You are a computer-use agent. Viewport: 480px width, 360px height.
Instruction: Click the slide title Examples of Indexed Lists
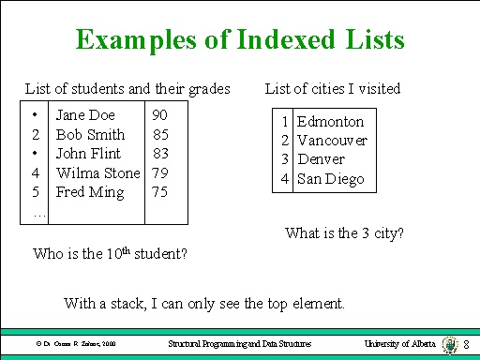click(240, 40)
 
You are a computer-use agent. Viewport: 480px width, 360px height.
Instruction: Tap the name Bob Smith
click(90, 135)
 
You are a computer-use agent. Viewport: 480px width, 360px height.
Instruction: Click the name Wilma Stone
click(97, 172)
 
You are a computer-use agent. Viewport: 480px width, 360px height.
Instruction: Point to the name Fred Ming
click(91, 192)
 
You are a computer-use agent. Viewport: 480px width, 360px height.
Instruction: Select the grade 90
click(160, 115)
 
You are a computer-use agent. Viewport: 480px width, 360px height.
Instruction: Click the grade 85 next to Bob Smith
click(160, 135)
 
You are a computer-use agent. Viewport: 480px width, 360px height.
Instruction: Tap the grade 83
click(160, 154)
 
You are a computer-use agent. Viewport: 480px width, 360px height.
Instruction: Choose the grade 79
click(160, 172)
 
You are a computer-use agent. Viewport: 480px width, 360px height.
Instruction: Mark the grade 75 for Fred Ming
click(160, 192)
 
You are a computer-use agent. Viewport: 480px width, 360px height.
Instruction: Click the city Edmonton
click(330, 122)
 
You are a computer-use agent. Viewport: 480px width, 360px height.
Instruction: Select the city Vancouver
click(332, 141)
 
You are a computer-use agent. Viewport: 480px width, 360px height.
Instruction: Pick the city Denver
click(322, 159)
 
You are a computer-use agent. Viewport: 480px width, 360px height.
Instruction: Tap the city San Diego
click(330, 179)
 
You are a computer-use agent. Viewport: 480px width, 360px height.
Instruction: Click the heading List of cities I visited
click(333, 89)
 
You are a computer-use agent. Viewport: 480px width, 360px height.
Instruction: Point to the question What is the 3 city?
click(344, 232)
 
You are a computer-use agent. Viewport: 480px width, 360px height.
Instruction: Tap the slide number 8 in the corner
click(467, 347)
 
